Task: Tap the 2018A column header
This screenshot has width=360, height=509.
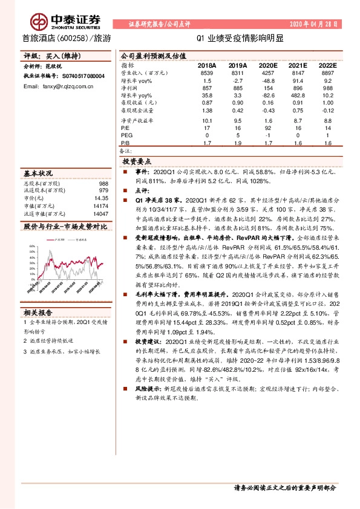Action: [x=207, y=65]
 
